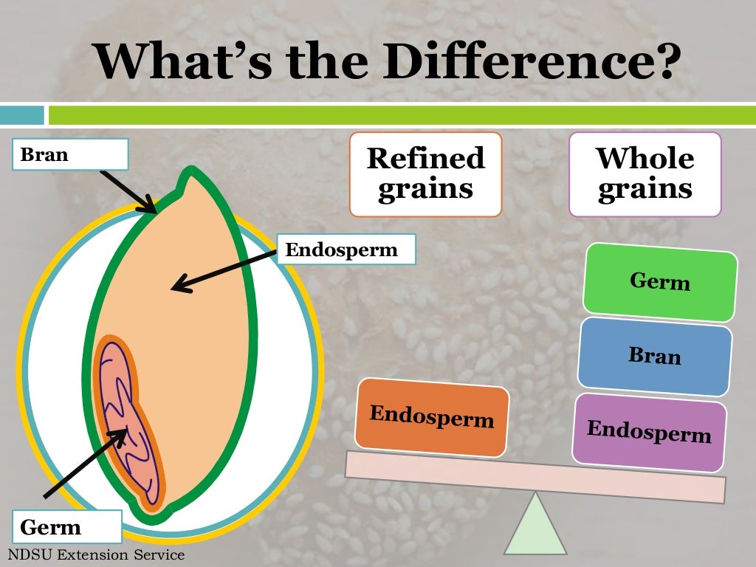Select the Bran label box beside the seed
click(71, 155)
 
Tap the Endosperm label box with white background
click(346, 250)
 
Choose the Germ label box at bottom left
click(67, 527)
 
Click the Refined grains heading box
click(425, 174)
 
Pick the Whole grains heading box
click(645, 174)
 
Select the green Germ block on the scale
click(660, 282)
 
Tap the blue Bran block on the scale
click(655, 356)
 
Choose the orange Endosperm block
click(432, 416)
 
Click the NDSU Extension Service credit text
click(95, 554)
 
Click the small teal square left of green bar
click(21, 115)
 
